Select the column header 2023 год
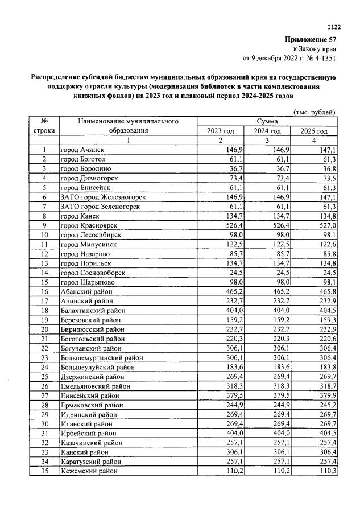pyautogui.click(x=221, y=131)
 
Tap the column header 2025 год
pyautogui.click(x=314, y=131)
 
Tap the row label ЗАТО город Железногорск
pyautogui.click(x=102, y=196)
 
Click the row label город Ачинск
pyautogui.click(x=82, y=150)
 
